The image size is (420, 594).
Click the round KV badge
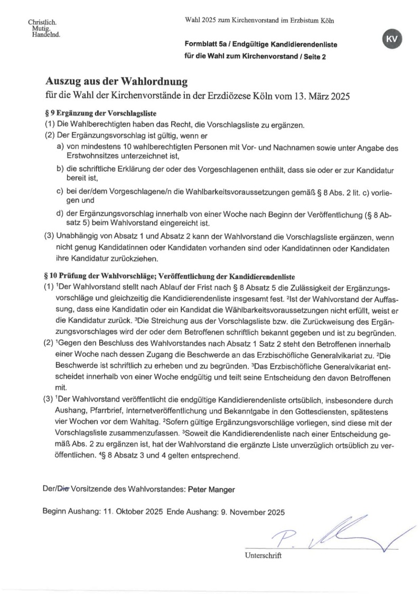pos(391,40)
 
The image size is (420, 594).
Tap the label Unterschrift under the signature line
pos(263,555)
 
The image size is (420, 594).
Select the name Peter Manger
pos(210,489)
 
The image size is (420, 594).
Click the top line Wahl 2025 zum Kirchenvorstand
pos(259,21)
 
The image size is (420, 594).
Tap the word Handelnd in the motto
pos(45,35)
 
